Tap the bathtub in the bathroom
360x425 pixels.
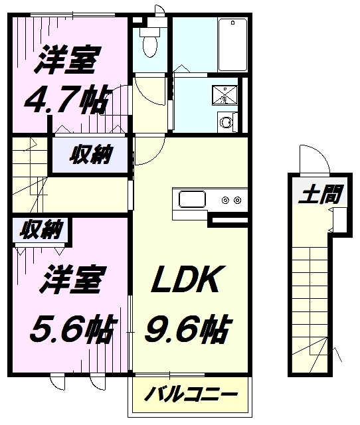pyautogui.click(x=232, y=45)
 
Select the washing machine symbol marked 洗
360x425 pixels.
pyautogui.click(x=225, y=95)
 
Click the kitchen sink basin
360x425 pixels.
pyautogui.click(x=192, y=199)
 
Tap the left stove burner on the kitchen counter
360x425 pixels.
pyautogui.click(x=225, y=201)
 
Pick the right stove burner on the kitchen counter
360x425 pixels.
pyautogui.click(x=238, y=201)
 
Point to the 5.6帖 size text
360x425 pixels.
pyautogui.click(x=73, y=329)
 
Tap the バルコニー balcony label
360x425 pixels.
pyautogui.click(x=191, y=394)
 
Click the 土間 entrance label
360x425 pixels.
pyautogui.click(x=321, y=194)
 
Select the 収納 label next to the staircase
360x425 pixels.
pyautogui.click(x=90, y=155)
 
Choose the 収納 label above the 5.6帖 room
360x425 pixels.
pyautogui.click(x=41, y=229)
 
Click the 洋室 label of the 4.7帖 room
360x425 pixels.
pyautogui.click(x=66, y=60)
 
